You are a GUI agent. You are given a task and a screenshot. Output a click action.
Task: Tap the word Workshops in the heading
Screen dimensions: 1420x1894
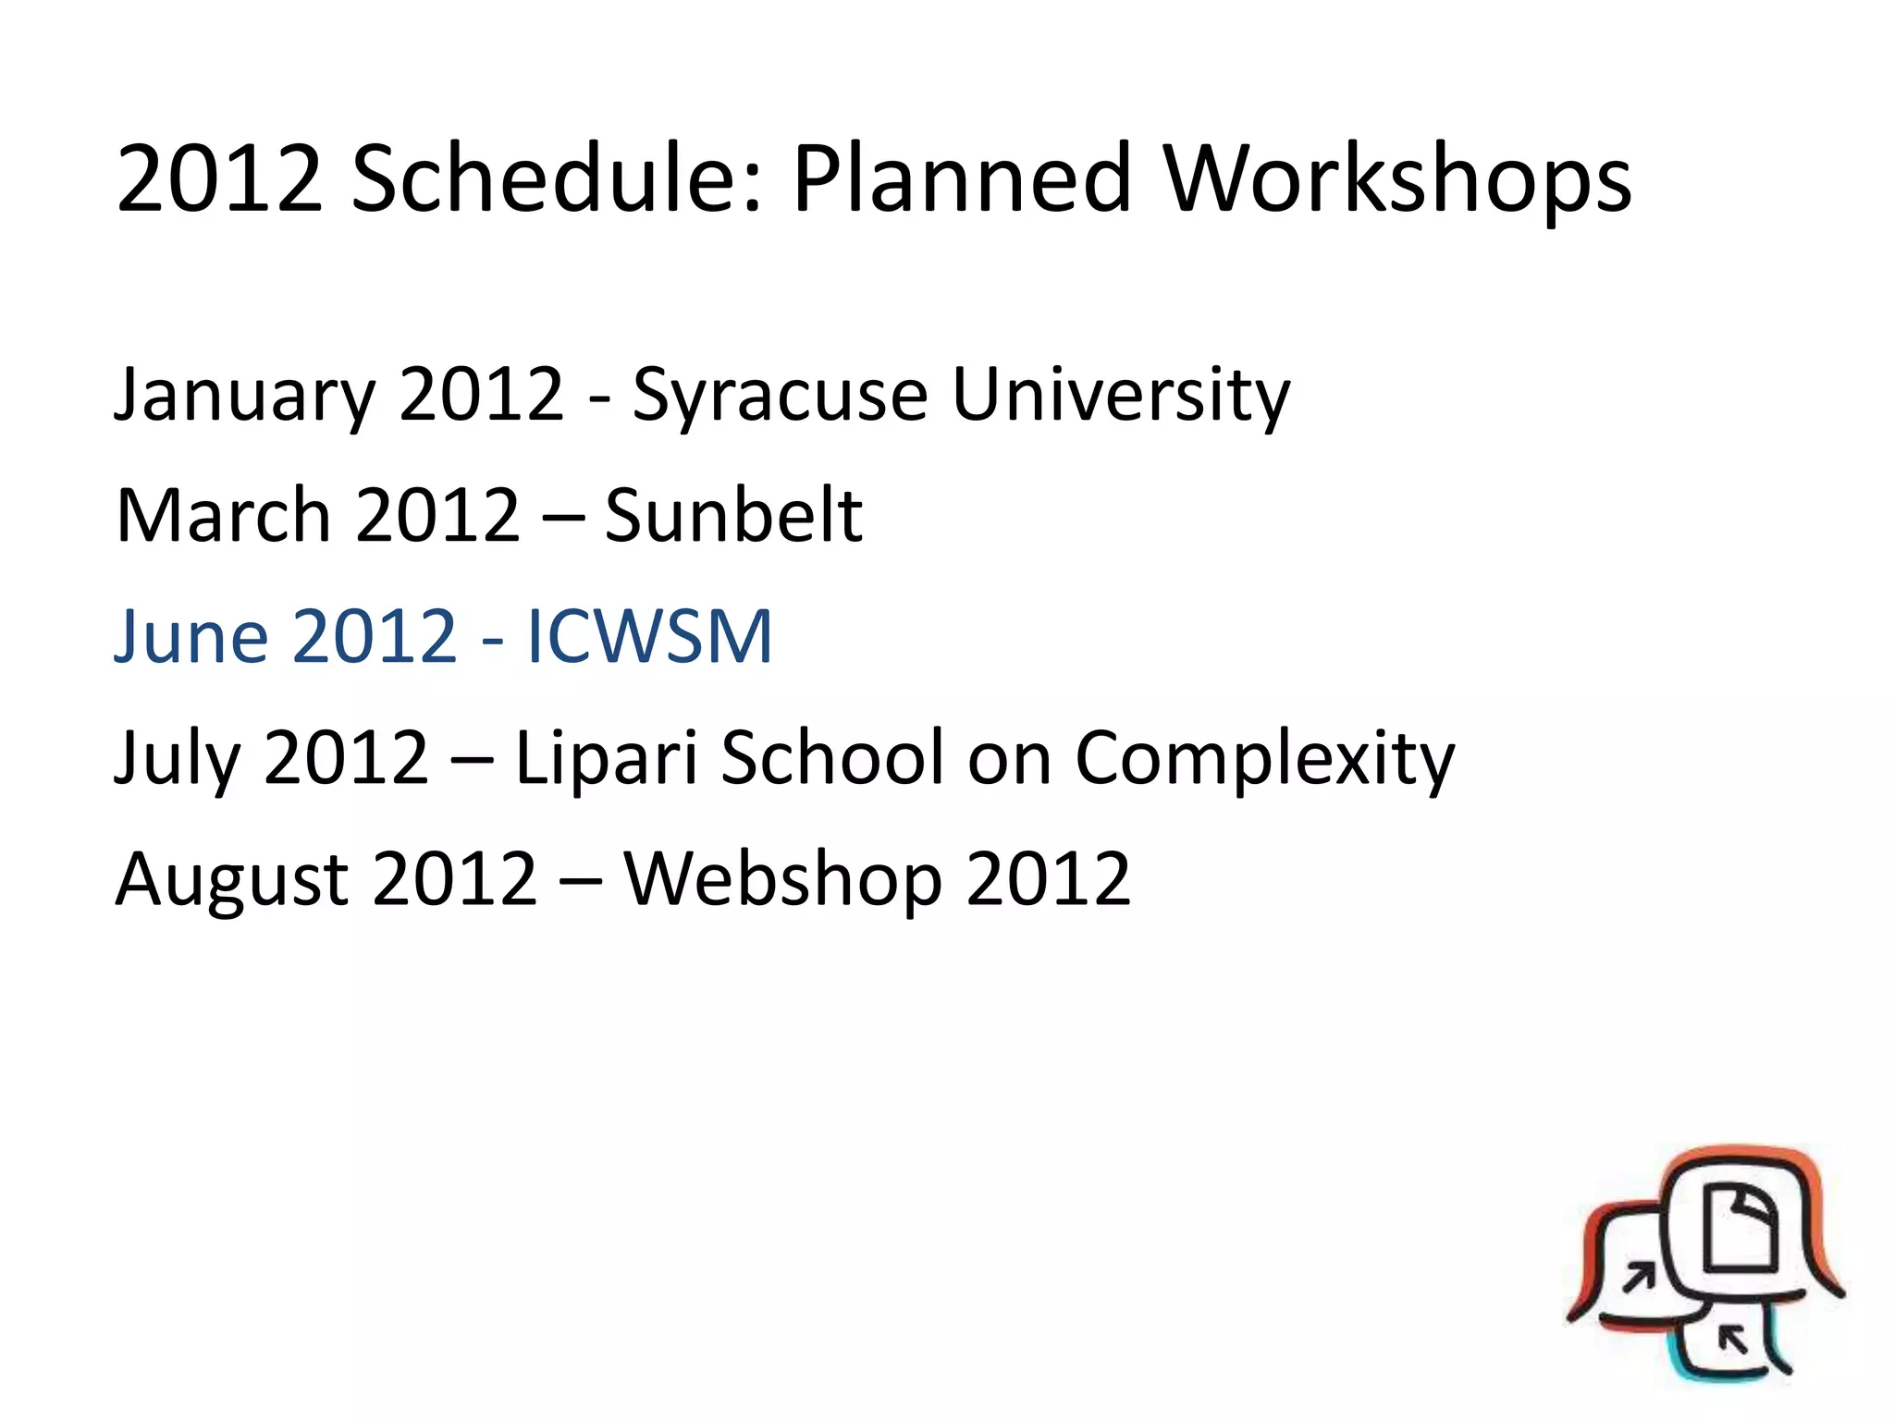1397,180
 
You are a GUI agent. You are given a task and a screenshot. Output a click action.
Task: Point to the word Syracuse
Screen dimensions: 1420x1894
780,396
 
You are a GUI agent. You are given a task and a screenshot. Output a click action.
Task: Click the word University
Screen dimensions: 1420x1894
1120,396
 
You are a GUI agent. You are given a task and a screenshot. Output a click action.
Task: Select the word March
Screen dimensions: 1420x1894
223,515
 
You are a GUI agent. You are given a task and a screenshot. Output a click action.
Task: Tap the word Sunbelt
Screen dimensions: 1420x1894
733,515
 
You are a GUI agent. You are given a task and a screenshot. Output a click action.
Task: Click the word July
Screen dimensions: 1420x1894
175,758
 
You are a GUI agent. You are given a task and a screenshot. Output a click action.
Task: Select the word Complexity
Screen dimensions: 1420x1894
1264,758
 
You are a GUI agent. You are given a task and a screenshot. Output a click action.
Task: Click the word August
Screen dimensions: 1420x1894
231,878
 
